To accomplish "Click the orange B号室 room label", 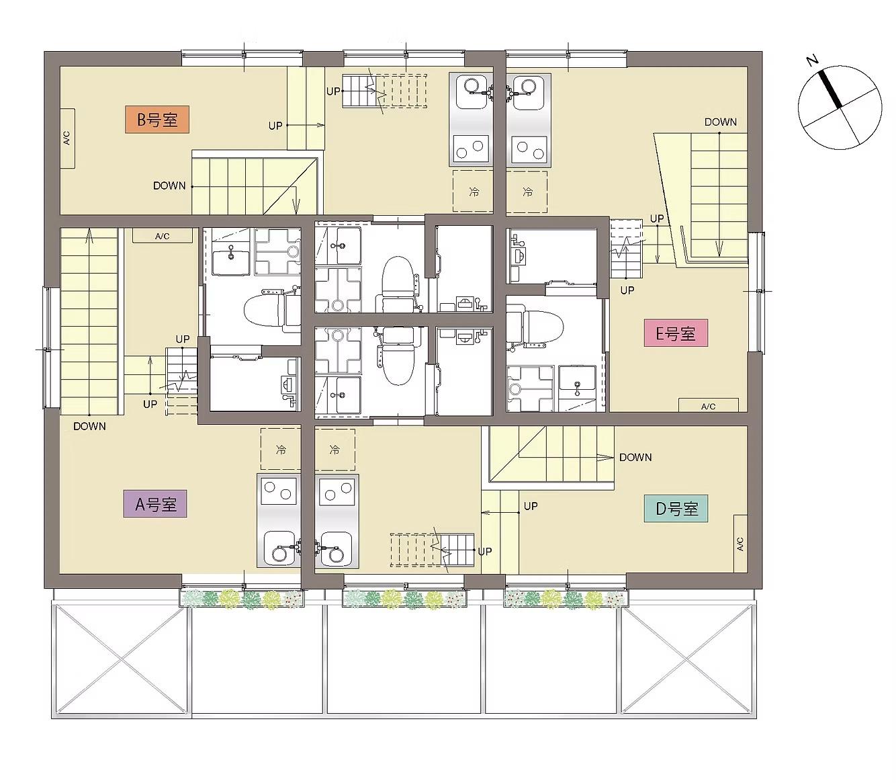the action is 156,119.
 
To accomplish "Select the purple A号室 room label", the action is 155,504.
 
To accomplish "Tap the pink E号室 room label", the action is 676,333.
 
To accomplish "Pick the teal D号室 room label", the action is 676,508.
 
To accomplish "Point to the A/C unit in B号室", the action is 67,138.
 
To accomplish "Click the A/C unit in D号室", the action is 740,544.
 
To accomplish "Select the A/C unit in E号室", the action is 708,405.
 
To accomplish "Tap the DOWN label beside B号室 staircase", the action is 169,186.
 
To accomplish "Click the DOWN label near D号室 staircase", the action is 635,458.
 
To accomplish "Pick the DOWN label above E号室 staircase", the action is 721,122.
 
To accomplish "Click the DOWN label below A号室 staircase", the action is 89,426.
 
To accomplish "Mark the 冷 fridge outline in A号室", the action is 280,449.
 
